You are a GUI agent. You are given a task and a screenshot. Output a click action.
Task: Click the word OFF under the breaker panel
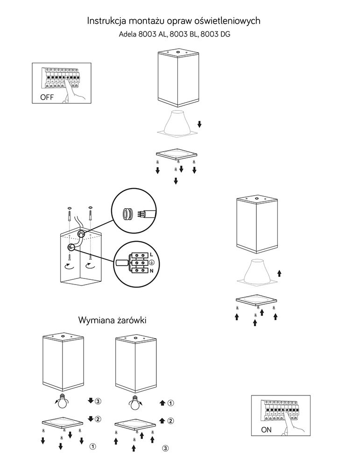click(48, 98)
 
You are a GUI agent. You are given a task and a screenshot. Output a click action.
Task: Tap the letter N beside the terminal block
click(152, 271)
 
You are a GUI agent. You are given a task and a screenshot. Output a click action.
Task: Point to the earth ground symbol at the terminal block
click(152, 262)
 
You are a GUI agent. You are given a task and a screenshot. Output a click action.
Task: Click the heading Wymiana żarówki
click(112, 321)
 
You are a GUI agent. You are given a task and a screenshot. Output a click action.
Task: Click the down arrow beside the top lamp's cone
click(199, 124)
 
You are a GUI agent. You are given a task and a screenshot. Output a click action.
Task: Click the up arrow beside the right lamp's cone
click(280, 272)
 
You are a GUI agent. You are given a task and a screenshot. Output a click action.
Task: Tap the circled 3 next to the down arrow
click(98, 401)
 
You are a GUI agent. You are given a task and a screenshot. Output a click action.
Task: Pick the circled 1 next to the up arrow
click(171, 402)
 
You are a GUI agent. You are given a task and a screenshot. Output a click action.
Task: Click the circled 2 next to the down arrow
click(98, 418)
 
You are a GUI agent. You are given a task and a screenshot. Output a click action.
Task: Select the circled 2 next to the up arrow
click(171, 421)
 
